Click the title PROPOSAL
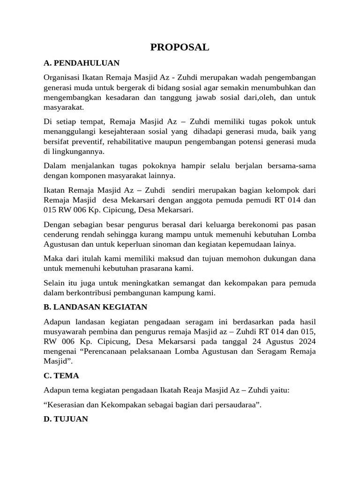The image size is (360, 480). point(180,47)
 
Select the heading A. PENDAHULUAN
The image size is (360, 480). point(81,63)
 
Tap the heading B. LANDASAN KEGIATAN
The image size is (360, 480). point(95,307)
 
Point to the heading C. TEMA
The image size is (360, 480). point(61,375)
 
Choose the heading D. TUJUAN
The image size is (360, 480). point(66,419)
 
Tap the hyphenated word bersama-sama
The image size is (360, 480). point(292,166)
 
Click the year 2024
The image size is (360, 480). point(307,341)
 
